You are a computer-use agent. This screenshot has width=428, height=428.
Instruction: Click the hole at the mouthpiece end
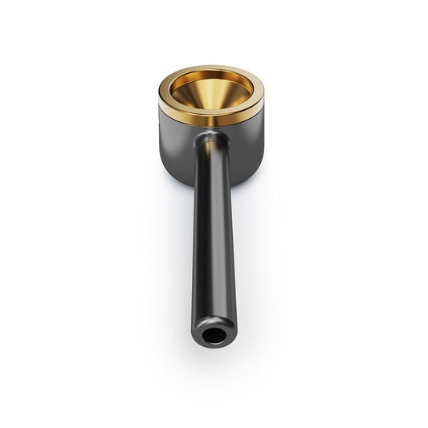[213, 336]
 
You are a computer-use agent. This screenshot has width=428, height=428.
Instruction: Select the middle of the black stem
[213, 241]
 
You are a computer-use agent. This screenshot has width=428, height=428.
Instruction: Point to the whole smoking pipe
[211, 201]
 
